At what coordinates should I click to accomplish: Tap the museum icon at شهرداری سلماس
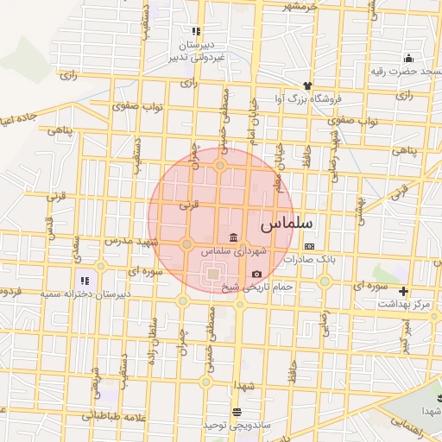[233, 238]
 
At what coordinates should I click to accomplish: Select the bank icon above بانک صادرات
[309, 246]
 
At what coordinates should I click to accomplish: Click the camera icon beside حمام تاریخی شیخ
[256, 275]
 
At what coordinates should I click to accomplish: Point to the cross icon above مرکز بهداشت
[403, 291]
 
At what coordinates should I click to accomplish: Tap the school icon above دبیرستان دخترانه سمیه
[85, 280]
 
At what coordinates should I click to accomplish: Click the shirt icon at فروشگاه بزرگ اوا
[306, 85]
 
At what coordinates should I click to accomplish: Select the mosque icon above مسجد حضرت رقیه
[407, 59]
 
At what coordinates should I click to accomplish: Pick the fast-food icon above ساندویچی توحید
[237, 412]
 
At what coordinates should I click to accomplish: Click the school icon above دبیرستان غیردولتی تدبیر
[196, 31]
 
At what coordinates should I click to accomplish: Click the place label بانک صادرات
[309, 258]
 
